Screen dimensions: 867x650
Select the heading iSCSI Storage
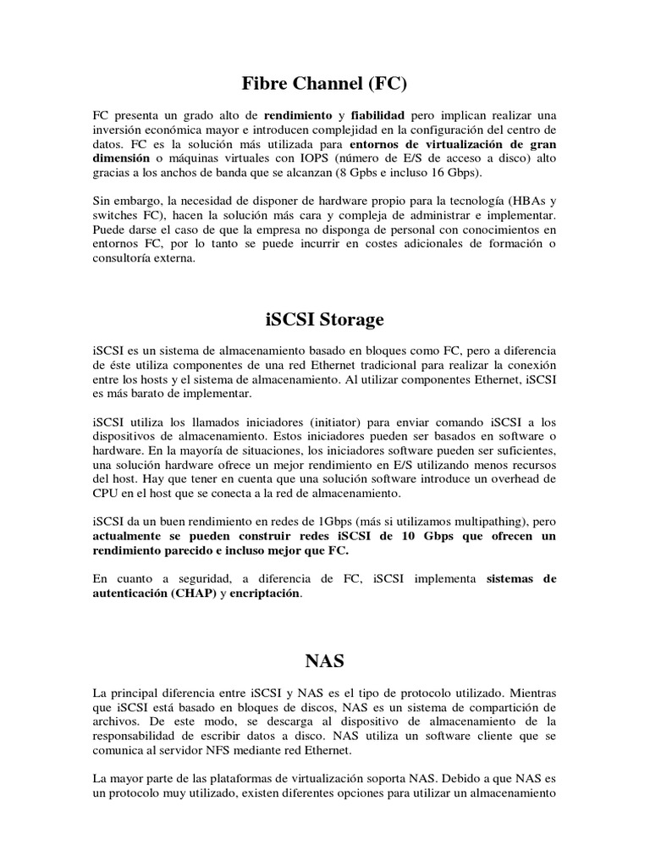click(324, 320)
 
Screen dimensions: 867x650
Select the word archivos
click(117, 708)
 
